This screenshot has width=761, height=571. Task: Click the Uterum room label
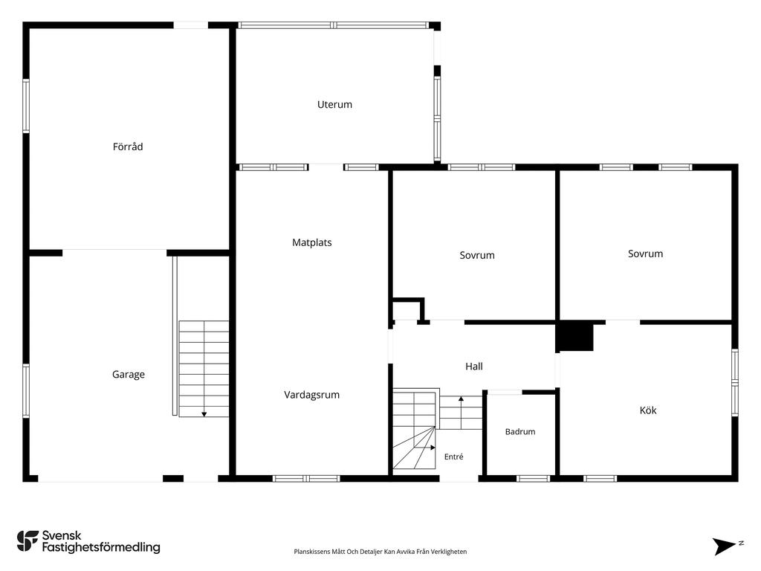pyautogui.click(x=334, y=104)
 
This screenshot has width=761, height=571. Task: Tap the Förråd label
pyautogui.click(x=128, y=146)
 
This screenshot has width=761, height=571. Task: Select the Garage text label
pyautogui.click(x=128, y=375)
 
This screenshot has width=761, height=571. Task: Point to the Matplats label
pyautogui.click(x=311, y=242)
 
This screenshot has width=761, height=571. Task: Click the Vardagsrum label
pyautogui.click(x=311, y=395)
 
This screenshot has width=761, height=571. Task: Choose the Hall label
pyautogui.click(x=473, y=367)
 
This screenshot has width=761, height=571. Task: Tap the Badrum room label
pyautogui.click(x=519, y=432)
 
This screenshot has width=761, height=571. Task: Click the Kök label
pyautogui.click(x=648, y=410)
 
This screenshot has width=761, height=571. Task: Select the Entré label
pyautogui.click(x=454, y=457)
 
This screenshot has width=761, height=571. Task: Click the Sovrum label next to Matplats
pyautogui.click(x=477, y=256)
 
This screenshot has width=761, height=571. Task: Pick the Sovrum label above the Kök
pyautogui.click(x=645, y=254)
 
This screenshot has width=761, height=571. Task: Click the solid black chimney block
pyautogui.click(x=574, y=337)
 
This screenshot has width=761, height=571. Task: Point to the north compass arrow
pyautogui.click(x=725, y=546)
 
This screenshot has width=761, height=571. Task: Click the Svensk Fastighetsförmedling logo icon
pyautogui.click(x=27, y=541)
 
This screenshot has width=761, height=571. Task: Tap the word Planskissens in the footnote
pyautogui.click(x=311, y=552)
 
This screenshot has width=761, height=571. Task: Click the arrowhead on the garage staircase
pyautogui.click(x=204, y=414)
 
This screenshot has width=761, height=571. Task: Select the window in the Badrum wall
pyautogui.click(x=533, y=479)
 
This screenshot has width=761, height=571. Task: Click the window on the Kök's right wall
pyautogui.click(x=735, y=383)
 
